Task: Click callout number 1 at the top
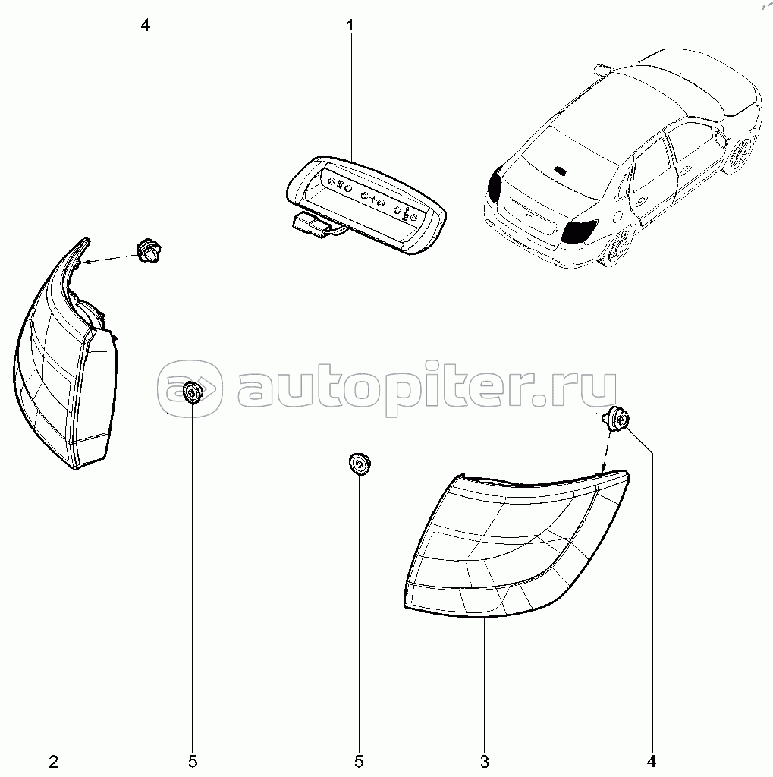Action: point(350,25)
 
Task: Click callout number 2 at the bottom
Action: point(54,761)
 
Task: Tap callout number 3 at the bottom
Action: point(484,761)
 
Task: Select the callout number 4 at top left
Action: point(145,25)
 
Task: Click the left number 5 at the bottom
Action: point(192,761)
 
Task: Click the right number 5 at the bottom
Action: point(358,761)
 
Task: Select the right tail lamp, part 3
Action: point(515,545)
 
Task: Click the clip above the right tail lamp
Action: point(616,418)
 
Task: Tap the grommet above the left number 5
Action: point(192,392)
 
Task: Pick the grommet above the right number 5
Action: point(360,464)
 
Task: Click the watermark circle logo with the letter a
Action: point(190,388)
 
